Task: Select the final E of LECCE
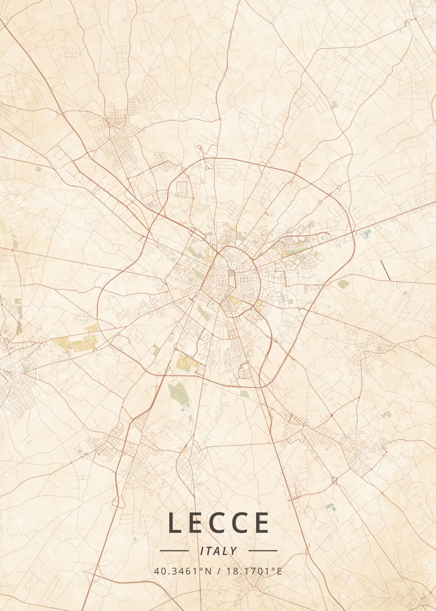tap(261, 523)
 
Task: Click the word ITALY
tap(219, 551)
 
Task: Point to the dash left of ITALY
tap(174, 551)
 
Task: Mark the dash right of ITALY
tap(263, 551)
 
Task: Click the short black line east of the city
tap(386, 270)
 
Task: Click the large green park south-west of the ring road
tap(178, 394)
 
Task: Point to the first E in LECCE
tap(197, 523)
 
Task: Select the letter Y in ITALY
tap(233, 551)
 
